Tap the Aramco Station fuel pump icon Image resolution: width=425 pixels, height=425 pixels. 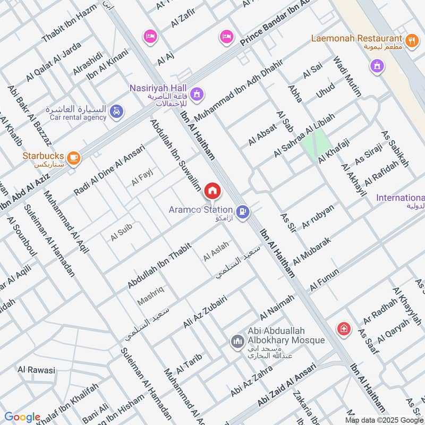243,211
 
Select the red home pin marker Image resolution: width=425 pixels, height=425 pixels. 212,190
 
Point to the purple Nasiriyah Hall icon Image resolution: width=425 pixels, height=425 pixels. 197,94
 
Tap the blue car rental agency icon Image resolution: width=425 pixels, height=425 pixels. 116,112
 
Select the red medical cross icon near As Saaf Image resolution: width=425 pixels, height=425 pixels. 344,329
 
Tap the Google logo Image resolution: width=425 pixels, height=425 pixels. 22,417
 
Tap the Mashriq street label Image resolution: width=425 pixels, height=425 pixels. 150,295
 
